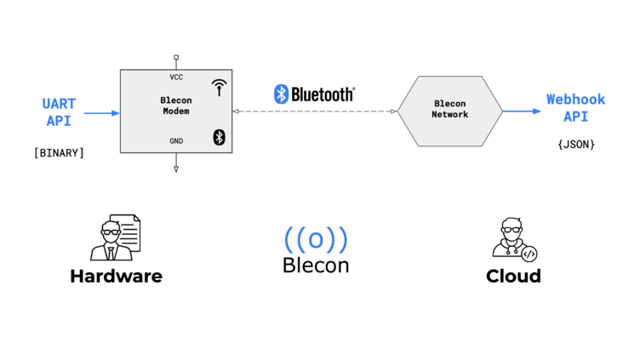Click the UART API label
pyautogui.click(x=59, y=112)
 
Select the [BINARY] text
pyautogui.click(x=59, y=153)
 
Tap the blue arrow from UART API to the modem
pyautogui.click(x=102, y=112)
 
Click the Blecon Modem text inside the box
pyautogui.click(x=176, y=106)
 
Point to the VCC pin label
pyautogui.click(x=176, y=77)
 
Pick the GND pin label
pyautogui.click(x=176, y=141)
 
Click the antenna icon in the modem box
pyautogui.click(x=220, y=87)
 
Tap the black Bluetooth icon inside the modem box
pyautogui.click(x=219, y=138)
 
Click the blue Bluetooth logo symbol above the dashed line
pyautogui.click(x=281, y=94)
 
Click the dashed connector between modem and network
pyautogui.click(x=315, y=111)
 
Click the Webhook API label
pyautogui.click(x=575, y=108)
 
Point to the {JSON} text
pyautogui.click(x=576, y=145)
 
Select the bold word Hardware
pyautogui.click(x=116, y=277)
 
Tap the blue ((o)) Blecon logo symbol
pyautogui.click(x=316, y=239)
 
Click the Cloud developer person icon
pyautogui.click(x=513, y=239)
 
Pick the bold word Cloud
pyautogui.click(x=513, y=277)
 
